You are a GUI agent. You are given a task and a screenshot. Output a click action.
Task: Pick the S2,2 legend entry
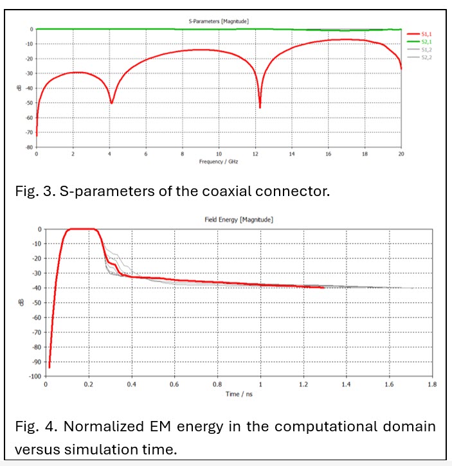coord(426,57)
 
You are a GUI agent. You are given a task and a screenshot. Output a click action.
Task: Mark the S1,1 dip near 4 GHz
coord(112,102)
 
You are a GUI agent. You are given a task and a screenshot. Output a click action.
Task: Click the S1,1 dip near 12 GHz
coord(260,107)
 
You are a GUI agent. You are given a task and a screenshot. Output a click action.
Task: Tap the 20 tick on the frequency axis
coord(401,154)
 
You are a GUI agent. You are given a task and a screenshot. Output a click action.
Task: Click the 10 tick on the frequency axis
coord(219,154)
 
